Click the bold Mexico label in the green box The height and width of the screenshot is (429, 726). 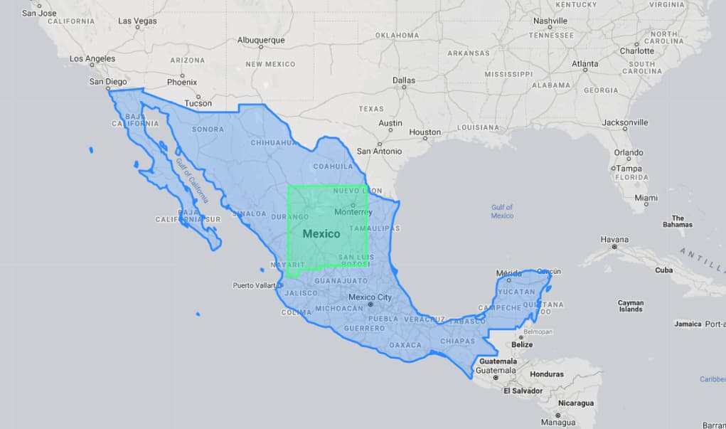point(321,233)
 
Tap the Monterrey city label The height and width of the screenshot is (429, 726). point(353,212)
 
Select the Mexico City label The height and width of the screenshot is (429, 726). point(370,297)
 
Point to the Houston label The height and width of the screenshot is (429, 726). point(425,132)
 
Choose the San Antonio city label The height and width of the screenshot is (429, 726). point(379,151)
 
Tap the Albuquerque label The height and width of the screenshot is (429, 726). point(261,40)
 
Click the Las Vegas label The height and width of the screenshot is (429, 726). point(137,21)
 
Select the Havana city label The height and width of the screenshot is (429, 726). point(614,239)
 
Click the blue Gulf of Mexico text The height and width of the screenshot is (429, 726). point(502,211)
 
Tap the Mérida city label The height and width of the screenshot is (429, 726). point(508,272)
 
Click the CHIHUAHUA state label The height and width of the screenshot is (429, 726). point(274,142)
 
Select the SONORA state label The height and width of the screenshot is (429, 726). point(208,129)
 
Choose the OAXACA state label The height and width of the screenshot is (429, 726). point(405,345)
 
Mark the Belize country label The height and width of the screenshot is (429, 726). point(522,345)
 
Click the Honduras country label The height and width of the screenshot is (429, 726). point(546,374)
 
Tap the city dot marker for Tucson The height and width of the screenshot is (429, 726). point(198,96)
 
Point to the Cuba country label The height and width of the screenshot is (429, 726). point(663,270)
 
